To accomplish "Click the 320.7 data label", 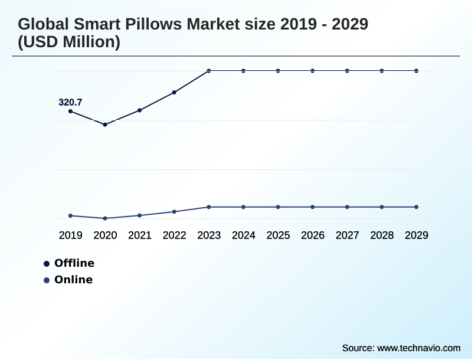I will tap(70, 102).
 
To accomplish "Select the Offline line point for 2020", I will tap(105, 125).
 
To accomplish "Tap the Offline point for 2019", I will tap(70, 111).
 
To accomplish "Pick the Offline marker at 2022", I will tap(174, 92).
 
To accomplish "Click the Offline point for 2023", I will tap(209, 71).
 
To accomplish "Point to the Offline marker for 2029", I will tap(417, 71).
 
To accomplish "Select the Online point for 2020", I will tap(105, 218).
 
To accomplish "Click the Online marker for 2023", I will tap(209, 207).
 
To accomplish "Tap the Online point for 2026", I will tap(313, 207).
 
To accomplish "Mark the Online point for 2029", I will tap(417, 207).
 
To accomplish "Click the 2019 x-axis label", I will tap(70, 235).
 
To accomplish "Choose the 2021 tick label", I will tap(140, 235).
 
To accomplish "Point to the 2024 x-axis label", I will tap(244, 235).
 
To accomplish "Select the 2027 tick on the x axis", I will tap(348, 235).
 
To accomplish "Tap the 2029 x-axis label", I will tap(417, 235).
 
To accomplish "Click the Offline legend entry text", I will tap(74, 263).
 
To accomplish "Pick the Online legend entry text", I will tap(73, 280).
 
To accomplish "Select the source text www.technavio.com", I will tap(418, 348).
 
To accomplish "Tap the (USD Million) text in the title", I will tap(69, 42).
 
